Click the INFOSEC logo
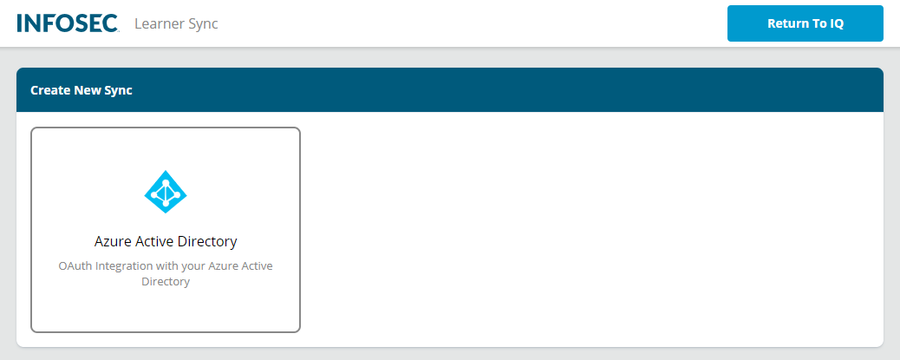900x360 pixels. tap(67, 23)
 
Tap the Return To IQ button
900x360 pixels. tap(805, 23)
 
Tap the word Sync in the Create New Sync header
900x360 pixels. tap(118, 89)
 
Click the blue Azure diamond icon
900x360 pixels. tap(166, 192)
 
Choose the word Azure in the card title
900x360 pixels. tap(113, 241)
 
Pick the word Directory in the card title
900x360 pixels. tap(207, 241)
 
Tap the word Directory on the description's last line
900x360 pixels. tap(166, 281)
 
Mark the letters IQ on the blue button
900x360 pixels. tap(836, 23)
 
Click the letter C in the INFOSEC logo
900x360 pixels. tap(110, 23)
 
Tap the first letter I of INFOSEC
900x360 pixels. tap(20, 23)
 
